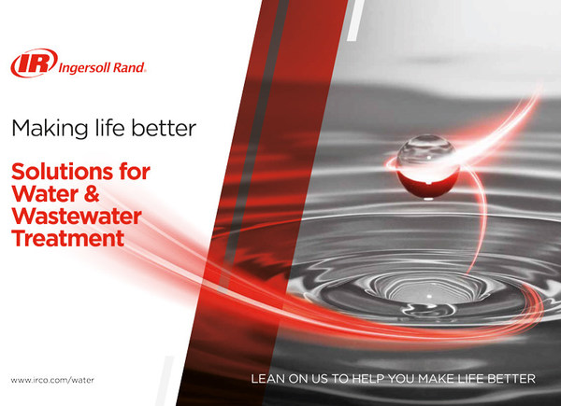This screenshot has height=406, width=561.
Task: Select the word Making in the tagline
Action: (48, 129)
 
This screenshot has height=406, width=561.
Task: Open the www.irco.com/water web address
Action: (52, 380)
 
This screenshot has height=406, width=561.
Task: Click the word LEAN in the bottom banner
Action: (266, 380)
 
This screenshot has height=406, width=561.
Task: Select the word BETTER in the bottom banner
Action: (512, 380)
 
